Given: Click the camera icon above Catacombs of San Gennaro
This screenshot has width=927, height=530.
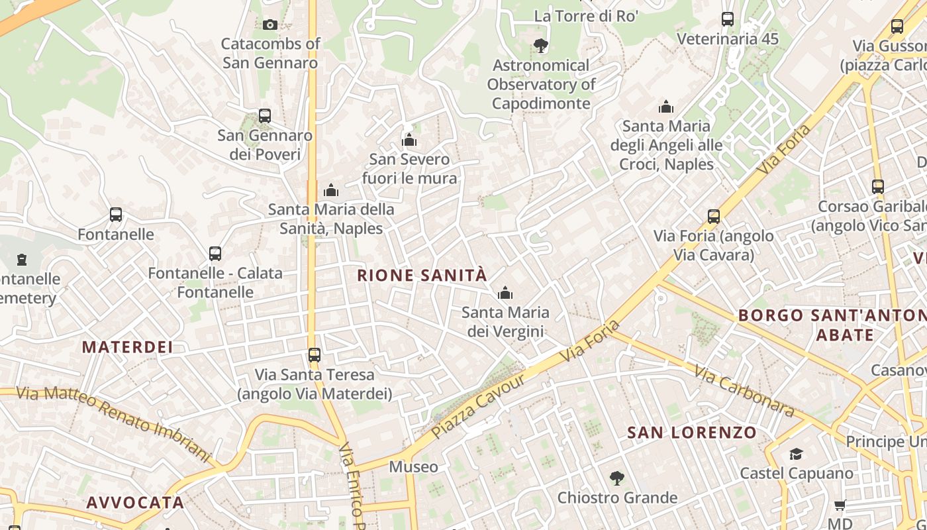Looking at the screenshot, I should pyautogui.click(x=269, y=25).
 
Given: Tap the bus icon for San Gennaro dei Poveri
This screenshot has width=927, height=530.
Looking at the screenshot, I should pyautogui.click(x=265, y=116).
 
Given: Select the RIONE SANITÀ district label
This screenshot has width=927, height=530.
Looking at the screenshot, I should pyautogui.click(x=422, y=276).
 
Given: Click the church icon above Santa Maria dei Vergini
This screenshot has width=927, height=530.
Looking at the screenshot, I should pyautogui.click(x=505, y=293).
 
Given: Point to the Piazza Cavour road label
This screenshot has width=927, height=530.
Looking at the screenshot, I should pyautogui.click(x=478, y=406).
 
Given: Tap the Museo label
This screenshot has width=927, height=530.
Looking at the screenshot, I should pyautogui.click(x=413, y=467).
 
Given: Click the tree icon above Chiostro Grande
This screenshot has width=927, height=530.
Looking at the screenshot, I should pyautogui.click(x=617, y=478).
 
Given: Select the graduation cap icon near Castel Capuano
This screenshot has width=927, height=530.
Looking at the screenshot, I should pyautogui.click(x=796, y=454).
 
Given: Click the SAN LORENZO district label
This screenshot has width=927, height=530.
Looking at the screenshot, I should pyautogui.click(x=691, y=433).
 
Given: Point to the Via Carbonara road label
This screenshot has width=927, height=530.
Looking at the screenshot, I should pyautogui.click(x=744, y=391).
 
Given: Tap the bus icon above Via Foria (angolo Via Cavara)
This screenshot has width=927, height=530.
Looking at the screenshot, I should pyautogui.click(x=713, y=217).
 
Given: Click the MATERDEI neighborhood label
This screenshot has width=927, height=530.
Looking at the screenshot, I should pyautogui.click(x=127, y=346).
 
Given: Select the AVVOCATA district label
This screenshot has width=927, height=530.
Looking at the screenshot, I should pyautogui.click(x=135, y=503).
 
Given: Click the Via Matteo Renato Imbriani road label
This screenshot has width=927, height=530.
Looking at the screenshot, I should pyautogui.click(x=113, y=423).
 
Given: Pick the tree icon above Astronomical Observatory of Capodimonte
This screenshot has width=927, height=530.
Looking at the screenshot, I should pyautogui.click(x=541, y=46).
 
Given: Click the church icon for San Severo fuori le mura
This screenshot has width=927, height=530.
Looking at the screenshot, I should pyautogui.click(x=409, y=140).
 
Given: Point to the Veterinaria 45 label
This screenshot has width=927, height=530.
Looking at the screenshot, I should pyautogui.click(x=728, y=39).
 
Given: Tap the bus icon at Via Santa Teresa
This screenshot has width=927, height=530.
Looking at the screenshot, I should pyautogui.click(x=315, y=355).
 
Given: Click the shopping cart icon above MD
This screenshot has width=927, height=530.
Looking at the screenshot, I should pyautogui.click(x=840, y=505).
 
